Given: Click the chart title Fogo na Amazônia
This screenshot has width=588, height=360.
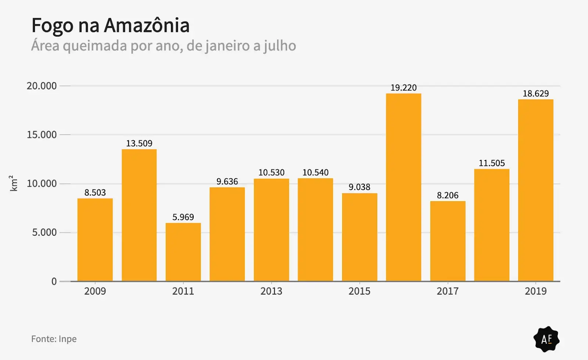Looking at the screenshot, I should [x=110, y=25].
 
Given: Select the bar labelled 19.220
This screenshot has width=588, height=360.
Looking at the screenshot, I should [x=404, y=188].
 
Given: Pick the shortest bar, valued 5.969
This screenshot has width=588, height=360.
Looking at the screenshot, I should [x=183, y=252].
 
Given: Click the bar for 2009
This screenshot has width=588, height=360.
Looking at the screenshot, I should [x=95, y=240].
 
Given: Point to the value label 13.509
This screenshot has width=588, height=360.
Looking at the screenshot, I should [x=139, y=143].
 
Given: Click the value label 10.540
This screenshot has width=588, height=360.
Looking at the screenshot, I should [x=315, y=172].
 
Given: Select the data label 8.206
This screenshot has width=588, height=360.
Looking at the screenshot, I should [x=448, y=195].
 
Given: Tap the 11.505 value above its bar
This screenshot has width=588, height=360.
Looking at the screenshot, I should [x=492, y=163].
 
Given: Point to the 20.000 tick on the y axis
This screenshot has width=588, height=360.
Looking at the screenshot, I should [x=42, y=86].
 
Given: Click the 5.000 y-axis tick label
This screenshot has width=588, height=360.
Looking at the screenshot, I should [x=44, y=232].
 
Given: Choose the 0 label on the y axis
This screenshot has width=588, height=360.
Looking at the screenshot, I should [x=54, y=282].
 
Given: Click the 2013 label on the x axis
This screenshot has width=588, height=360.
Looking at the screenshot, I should [x=271, y=291].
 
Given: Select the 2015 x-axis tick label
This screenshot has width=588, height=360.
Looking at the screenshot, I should [x=359, y=291].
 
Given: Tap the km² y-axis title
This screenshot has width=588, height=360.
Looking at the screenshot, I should [x=13, y=183].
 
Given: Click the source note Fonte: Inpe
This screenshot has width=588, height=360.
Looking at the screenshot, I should [x=54, y=339].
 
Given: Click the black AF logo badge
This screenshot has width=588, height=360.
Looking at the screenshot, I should [x=546, y=339].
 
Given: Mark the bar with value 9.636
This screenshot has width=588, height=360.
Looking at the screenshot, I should [x=227, y=234].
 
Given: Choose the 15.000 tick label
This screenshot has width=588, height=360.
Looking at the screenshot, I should [x=42, y=135].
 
